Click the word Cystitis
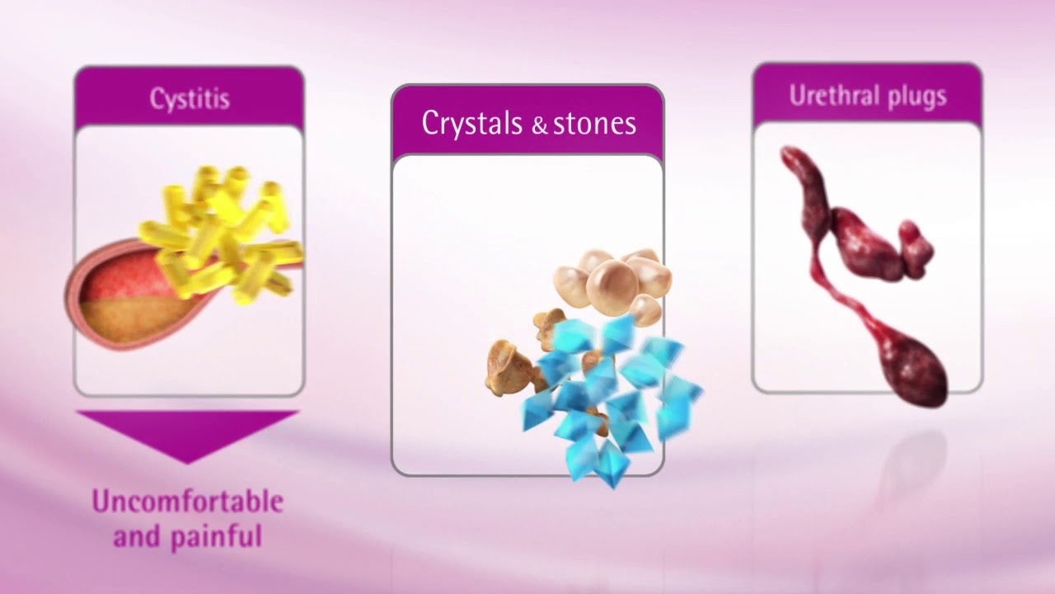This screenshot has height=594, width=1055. [190, 100]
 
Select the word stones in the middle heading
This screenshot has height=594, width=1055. [594, 124]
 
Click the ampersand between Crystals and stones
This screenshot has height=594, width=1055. [539, 125]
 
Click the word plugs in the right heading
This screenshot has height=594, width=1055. [917, 98]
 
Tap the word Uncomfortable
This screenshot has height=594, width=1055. [187, 502]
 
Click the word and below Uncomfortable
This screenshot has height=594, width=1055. [136, 536]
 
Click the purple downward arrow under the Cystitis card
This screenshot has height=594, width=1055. [187, 434]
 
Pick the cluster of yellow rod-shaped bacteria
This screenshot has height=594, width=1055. [222, 233]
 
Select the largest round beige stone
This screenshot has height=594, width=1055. [612, 285]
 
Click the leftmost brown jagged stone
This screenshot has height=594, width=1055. [509, 368]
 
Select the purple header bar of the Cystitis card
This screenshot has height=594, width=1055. [190, 97]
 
